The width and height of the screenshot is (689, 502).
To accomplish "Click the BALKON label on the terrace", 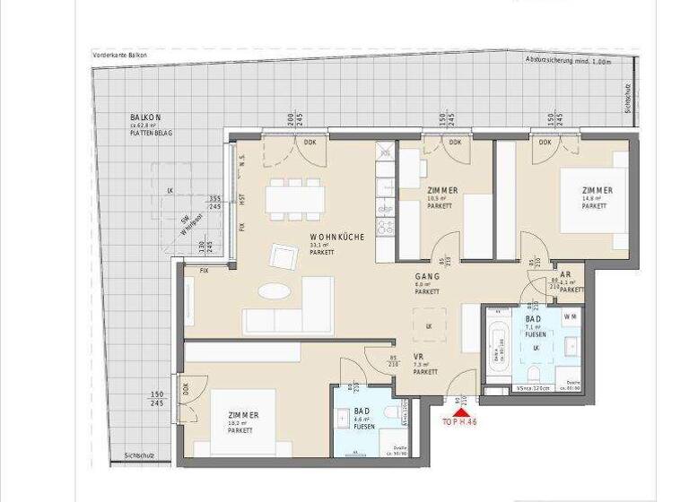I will [146, 118].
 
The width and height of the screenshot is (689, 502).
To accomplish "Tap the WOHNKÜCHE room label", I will [336, 236].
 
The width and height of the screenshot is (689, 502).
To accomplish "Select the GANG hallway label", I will [426, 277].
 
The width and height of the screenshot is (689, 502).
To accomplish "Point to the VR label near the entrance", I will [418, 357].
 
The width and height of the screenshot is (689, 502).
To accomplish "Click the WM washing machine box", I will [571, 317].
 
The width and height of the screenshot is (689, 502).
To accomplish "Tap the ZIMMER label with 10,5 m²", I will [443, 190].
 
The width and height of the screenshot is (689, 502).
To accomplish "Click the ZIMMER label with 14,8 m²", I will [597, 190].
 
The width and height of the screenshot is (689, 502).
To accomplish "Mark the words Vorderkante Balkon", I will [119, 56].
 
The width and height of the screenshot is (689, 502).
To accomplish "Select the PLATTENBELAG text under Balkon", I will [151, 132].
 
